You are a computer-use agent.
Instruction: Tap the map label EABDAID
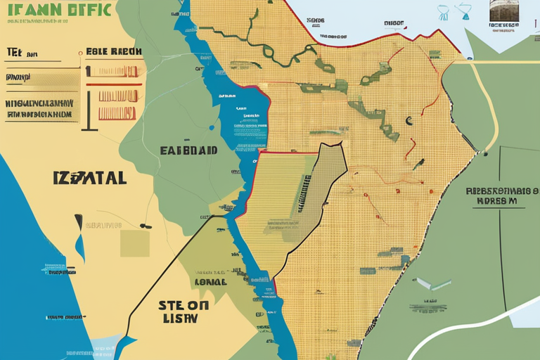pyautogui.click(x=188, y=150)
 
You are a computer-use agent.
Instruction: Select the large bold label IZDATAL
pyautogui.click(x=89, y=178)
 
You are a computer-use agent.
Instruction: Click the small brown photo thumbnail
pyautogui.click(x=504, y=11)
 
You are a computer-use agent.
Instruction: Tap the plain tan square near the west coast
pyautogui.click(x=134, y=243)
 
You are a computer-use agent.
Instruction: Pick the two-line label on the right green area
pyautogui.click(x=496, y=195)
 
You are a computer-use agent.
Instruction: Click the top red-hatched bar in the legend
pyautogui.click(x=117, y=71)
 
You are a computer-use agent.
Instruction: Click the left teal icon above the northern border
pyautogui.click(x=444, y=12)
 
